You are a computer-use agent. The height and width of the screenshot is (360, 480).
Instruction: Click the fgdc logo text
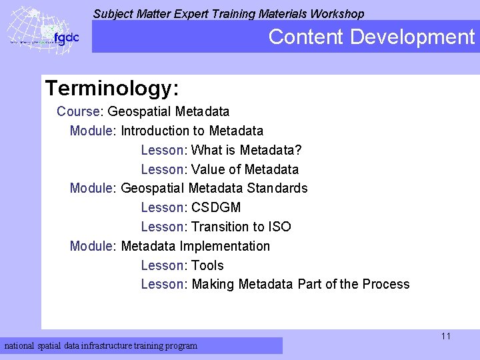[x=66, y=38]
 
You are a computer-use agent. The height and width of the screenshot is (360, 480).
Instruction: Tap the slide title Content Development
[x=371, y=37]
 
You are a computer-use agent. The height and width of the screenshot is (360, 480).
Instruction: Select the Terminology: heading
[x=112, y=88]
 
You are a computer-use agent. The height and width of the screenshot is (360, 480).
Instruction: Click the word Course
[x=78, y=111]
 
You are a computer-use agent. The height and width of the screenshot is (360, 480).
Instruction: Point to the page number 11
[x=446, y=336]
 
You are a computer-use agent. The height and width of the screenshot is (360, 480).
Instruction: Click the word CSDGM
[x=216, y=207]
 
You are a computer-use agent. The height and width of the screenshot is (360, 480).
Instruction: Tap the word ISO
[x=280, y=227]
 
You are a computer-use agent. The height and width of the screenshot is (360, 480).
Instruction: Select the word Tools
[x=207, y=265]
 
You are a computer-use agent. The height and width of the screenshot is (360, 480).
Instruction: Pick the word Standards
[x=277, y=188]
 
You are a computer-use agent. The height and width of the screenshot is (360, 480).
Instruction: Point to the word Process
[x=386, y=284]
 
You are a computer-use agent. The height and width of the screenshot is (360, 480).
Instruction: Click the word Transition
[x=218, y=227]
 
